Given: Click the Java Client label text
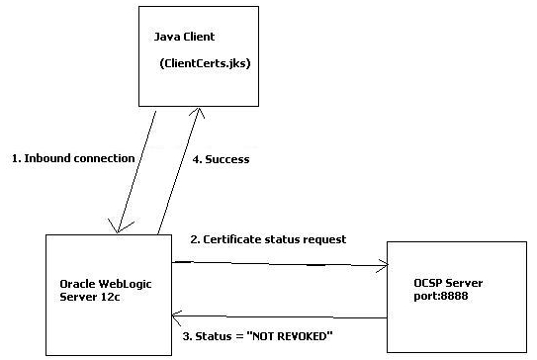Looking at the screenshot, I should (x=186, y=37).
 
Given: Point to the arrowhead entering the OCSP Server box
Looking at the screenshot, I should (x=384, y=266).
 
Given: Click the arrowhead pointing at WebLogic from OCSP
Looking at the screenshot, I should (x=176, y=315).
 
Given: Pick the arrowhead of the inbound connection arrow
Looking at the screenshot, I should (x=119, y=229).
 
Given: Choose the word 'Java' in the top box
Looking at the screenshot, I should (x=167, y=37).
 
